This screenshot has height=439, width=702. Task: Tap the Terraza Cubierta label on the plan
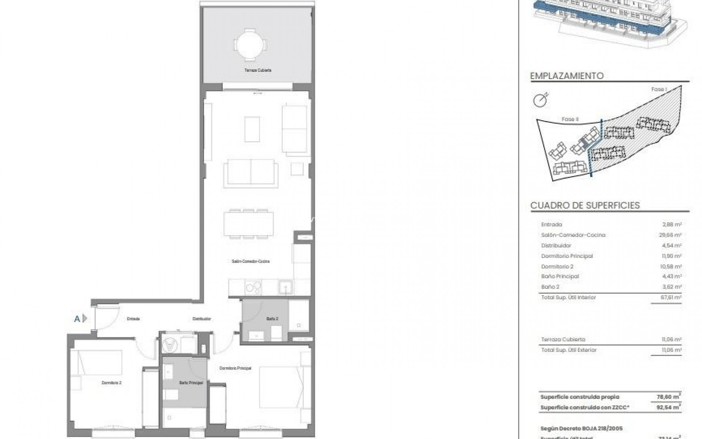[x=258, y=70]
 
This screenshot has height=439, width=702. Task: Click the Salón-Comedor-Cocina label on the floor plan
[x=251, y=261]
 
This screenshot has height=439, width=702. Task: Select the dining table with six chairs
[x=249, y=224]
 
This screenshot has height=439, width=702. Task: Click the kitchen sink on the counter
[x=285, y=287]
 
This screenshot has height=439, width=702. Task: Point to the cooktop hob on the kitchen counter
[x=253, y=287]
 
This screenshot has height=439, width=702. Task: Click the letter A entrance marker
[x=77, y=319]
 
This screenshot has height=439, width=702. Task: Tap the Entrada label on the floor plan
[x=133, y=319]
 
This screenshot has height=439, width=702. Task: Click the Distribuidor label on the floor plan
[x=202, y=319]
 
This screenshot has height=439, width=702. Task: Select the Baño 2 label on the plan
[x=272, y=319]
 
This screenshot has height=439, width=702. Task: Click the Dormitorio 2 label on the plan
[x=112, y=383]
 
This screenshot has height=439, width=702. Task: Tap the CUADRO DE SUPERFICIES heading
[x=585, y=205]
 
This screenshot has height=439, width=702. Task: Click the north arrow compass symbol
[x=541, y=100]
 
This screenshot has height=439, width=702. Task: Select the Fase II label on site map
[x=570, y=119]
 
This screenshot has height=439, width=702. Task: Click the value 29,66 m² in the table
[x=670, y=235]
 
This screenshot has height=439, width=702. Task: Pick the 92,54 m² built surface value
[x=670, y=407]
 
